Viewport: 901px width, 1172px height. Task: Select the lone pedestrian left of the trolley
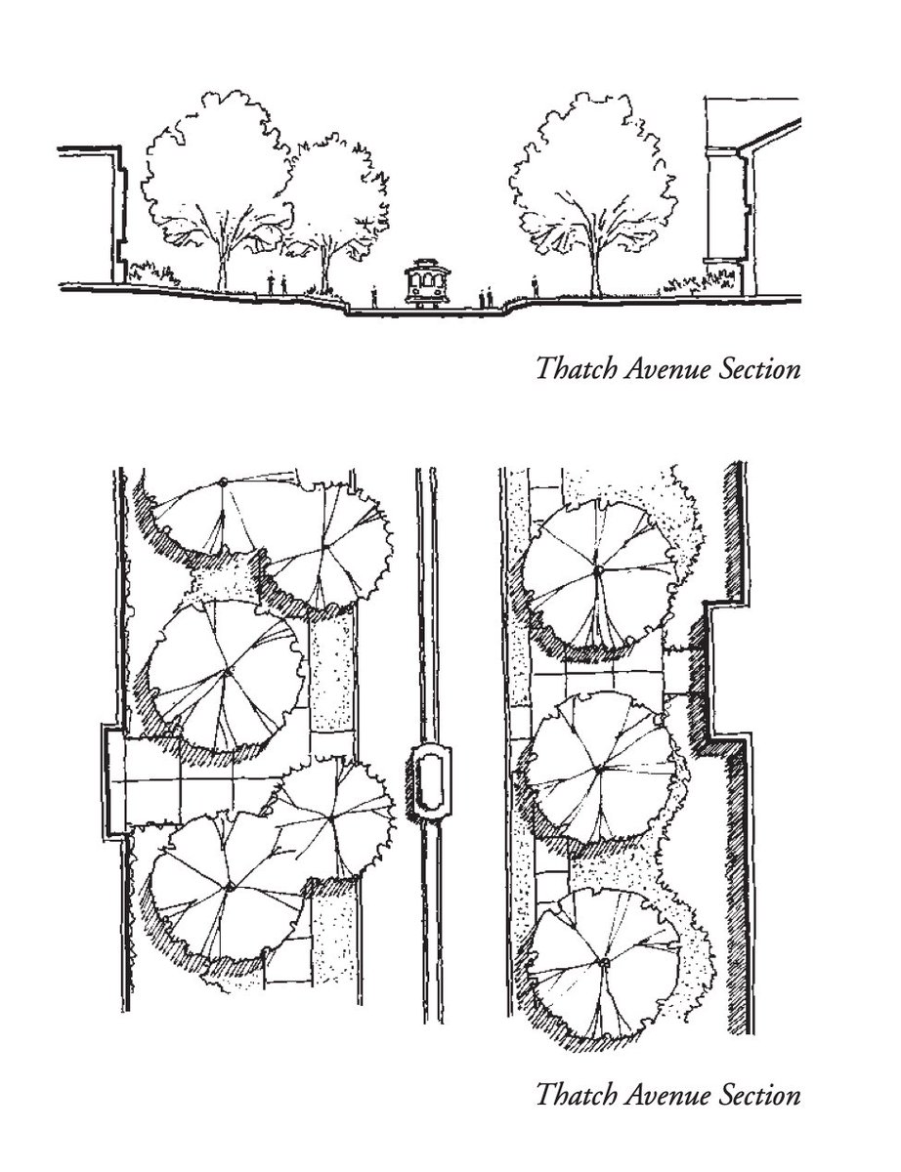(x=374, y=295)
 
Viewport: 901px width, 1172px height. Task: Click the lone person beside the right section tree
(x=536, y=285)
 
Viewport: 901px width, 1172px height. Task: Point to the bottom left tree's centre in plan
(x=231, y=886)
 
